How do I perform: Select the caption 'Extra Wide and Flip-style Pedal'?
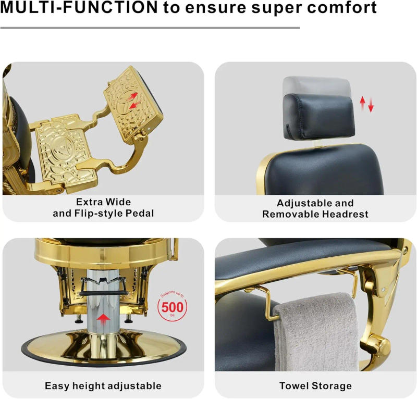pos(103,207)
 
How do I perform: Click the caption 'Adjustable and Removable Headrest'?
pos(315,208)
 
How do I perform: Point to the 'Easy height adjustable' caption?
pos(103,386)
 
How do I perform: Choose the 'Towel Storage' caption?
pos(315,386)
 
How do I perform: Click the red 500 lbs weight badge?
pos(172,307)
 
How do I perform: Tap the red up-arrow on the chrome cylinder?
pos(104,319)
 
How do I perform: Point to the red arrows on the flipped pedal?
pos(134,99)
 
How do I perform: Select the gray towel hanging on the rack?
pos(315,333)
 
